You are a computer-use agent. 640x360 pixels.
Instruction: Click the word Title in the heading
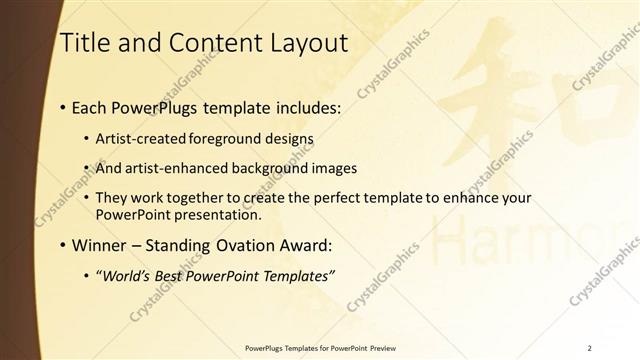82,42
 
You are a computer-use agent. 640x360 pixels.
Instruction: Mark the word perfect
341,198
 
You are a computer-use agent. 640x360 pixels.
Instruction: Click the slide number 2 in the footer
590,347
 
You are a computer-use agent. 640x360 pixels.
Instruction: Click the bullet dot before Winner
64,245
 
